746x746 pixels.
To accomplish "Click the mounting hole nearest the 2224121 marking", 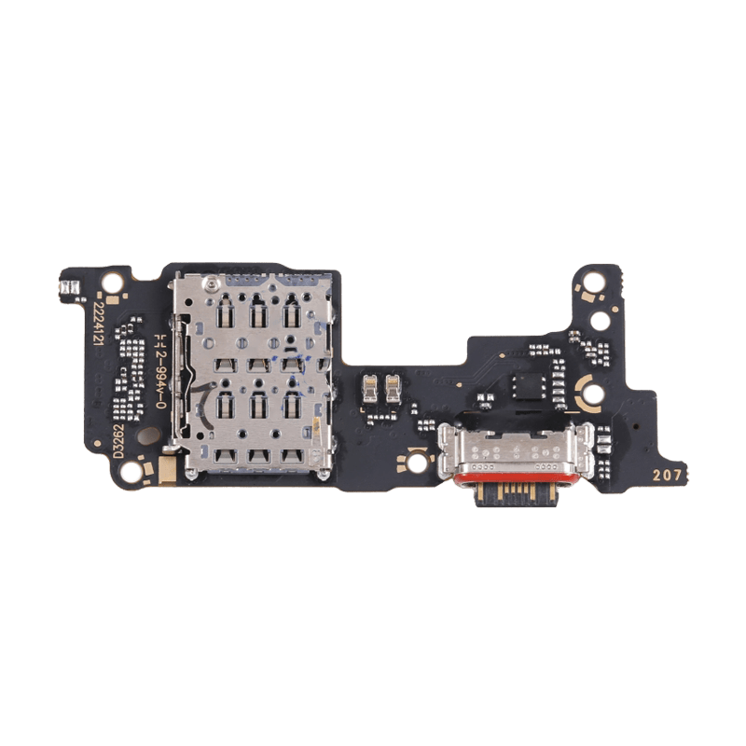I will click(111, 281).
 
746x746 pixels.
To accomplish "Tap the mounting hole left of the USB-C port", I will click(416, 462).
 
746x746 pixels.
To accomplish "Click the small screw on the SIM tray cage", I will click(213, 281).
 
